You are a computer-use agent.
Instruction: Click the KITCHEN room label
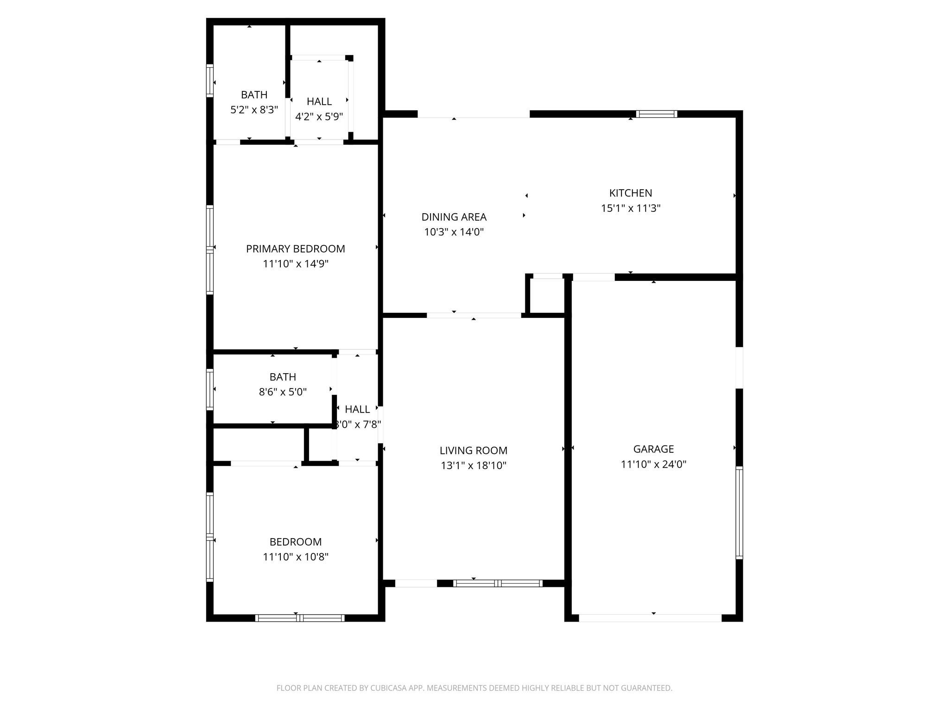pos(630,193)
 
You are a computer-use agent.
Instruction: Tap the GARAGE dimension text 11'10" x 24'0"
pos(653,464)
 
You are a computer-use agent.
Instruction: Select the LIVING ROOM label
pos(473,450)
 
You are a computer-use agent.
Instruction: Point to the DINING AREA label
pos(454,216)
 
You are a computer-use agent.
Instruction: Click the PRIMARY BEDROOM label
pos(295,248)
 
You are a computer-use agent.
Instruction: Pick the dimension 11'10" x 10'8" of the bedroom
pos(295,557)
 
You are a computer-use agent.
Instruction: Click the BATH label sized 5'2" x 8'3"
pos(254,95)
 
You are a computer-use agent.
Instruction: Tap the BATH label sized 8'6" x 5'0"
pos(283,377)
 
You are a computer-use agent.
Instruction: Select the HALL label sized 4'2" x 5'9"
pos(319,101)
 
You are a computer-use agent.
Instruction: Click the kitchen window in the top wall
pos(656,114)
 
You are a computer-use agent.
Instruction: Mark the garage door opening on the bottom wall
pos(650,618)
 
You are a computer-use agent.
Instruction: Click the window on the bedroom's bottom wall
pos(300,618)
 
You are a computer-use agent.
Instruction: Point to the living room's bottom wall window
pos(498,584)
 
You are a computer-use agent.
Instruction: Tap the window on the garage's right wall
pos(739,512)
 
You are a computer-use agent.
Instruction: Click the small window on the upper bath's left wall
pos(210,81)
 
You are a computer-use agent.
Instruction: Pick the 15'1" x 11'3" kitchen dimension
pos(630,208)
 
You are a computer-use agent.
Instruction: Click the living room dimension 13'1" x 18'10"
pos(473,465)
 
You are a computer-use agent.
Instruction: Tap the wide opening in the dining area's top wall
pos(473,114)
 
